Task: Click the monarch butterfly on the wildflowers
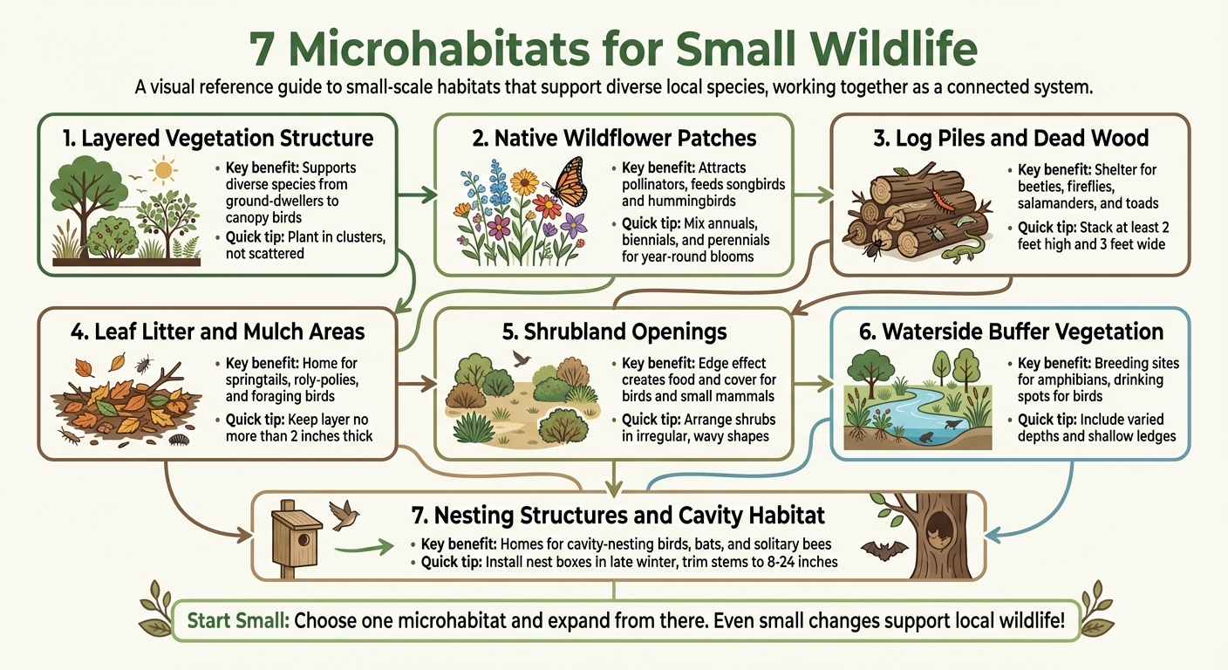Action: [568, 181]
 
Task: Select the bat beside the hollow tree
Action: [880, 550]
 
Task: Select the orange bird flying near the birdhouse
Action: [342, 516]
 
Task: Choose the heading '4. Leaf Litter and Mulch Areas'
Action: [217, 332]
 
